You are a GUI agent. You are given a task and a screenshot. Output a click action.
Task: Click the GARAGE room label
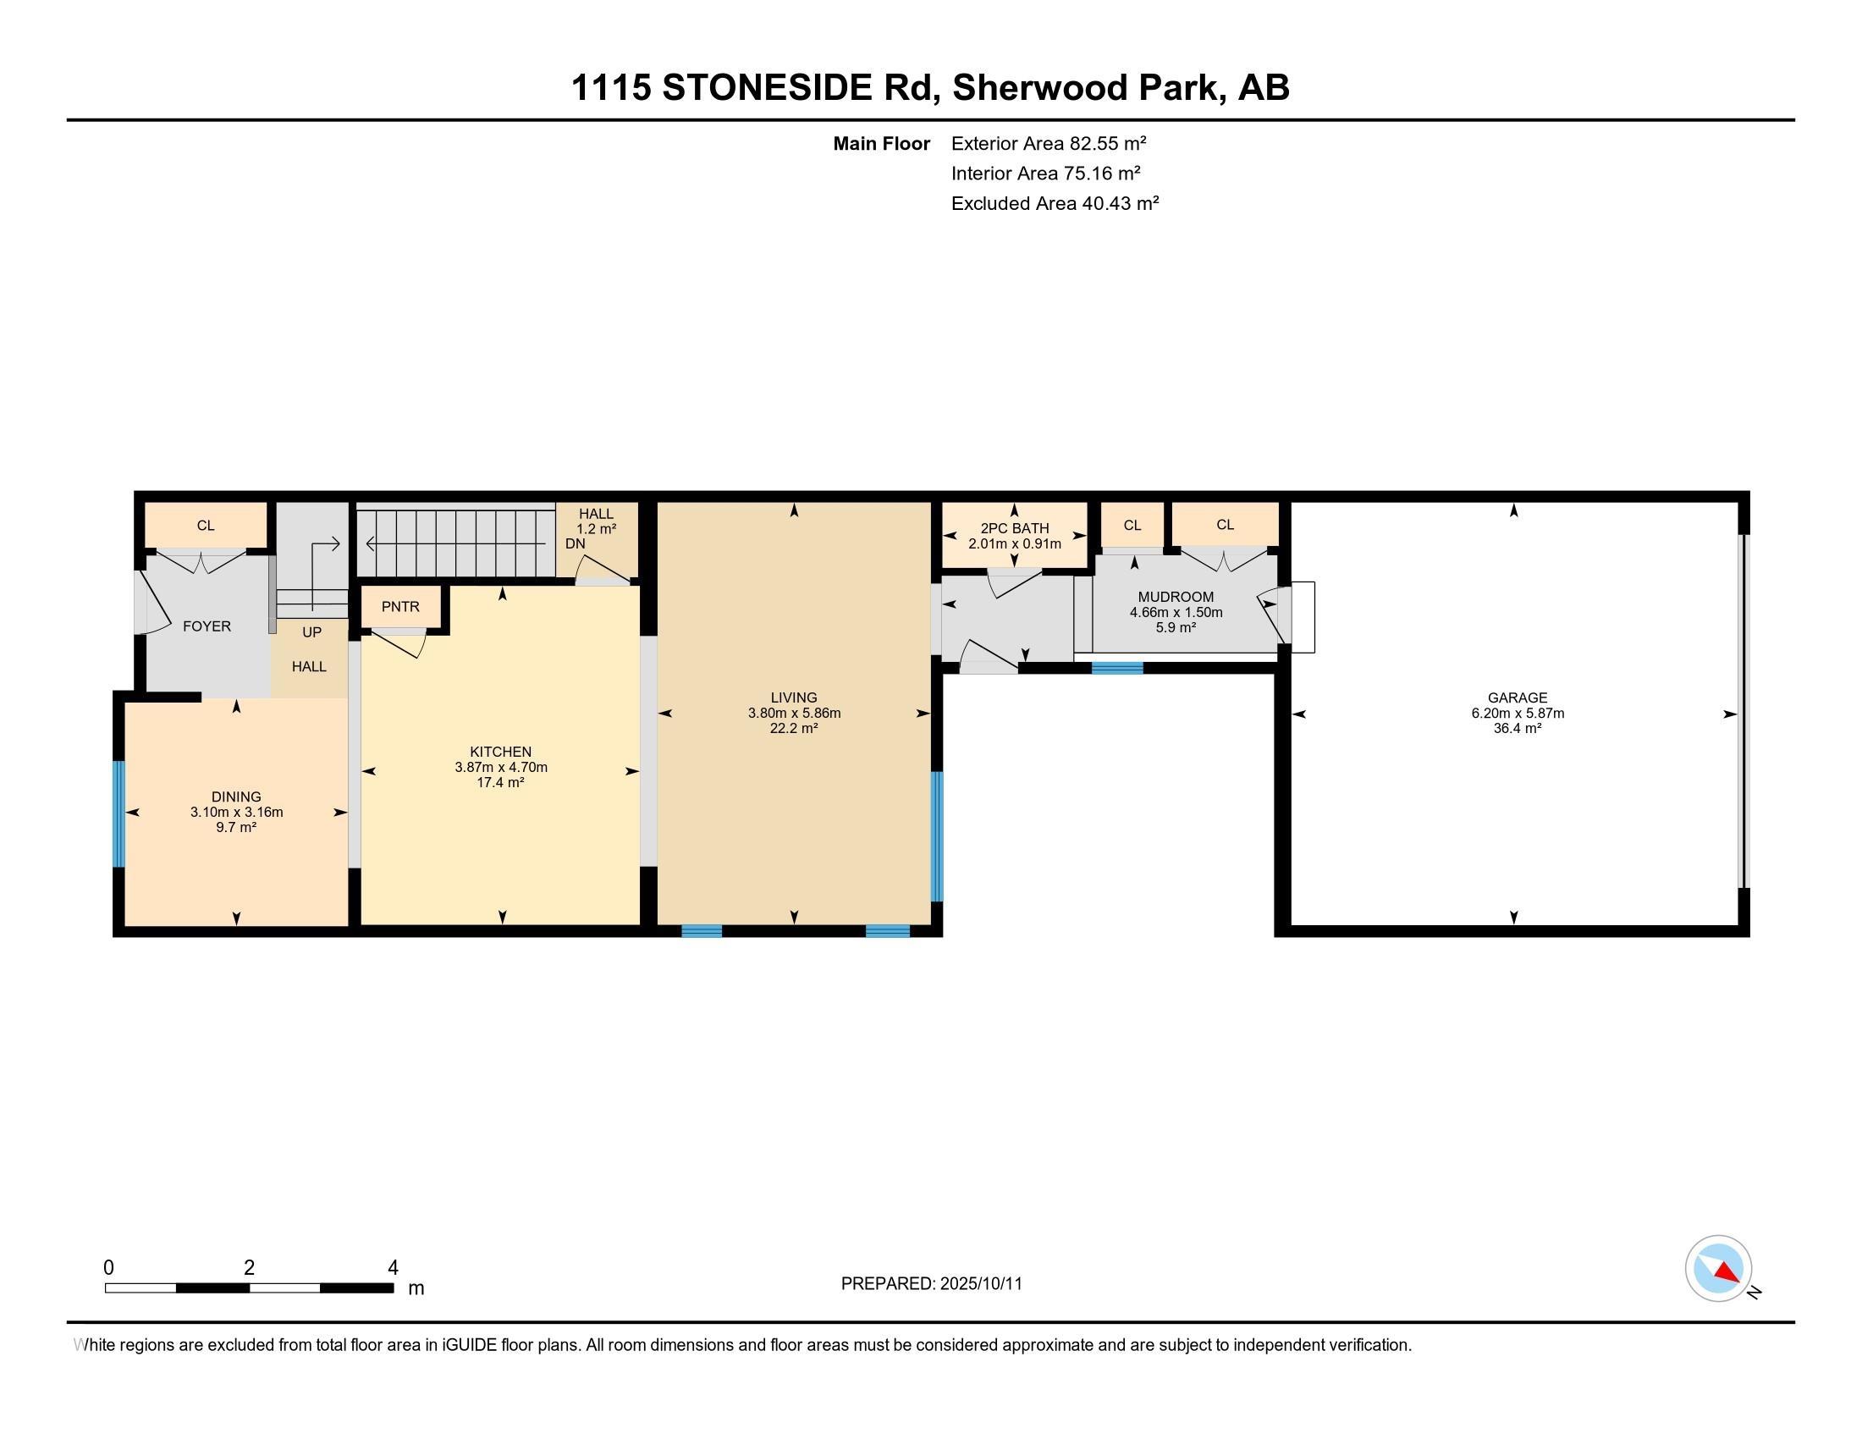[x=1517, y=697]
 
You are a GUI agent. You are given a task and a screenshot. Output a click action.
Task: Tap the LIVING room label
[x=794, y=697]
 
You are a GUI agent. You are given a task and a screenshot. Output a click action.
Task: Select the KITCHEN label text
[x=500, y=752]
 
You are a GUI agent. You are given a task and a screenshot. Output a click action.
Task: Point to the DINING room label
[x=236, y=797]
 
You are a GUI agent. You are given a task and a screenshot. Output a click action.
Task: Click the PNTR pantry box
[x=400, y=607]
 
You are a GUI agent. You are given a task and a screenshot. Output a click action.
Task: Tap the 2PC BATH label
[x=1015, y=528]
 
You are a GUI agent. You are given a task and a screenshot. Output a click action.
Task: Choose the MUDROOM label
[x=1176, y=597]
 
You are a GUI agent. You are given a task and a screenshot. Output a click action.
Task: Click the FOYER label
[x=207, y=626]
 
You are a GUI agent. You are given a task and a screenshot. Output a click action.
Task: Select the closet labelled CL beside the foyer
[x=206, y=525]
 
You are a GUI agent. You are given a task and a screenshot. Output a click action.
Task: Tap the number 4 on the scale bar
[x=393, y=1268]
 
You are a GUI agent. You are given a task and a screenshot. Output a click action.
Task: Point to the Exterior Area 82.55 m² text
[x=1049, y=143]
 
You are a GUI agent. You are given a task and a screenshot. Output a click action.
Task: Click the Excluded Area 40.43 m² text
[x=1055, y=203]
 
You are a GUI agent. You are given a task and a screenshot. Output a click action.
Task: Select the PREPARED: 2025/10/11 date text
[x=931, y=1284]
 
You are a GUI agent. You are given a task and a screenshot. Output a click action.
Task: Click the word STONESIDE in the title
[x=796, y=87]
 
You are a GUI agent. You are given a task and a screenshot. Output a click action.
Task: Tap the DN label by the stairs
[x=576, y=544]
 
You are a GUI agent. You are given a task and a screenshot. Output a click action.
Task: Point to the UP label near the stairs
[x=312, y=632]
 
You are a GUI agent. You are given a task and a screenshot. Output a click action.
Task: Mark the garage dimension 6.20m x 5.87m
[x=1518, y=714]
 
